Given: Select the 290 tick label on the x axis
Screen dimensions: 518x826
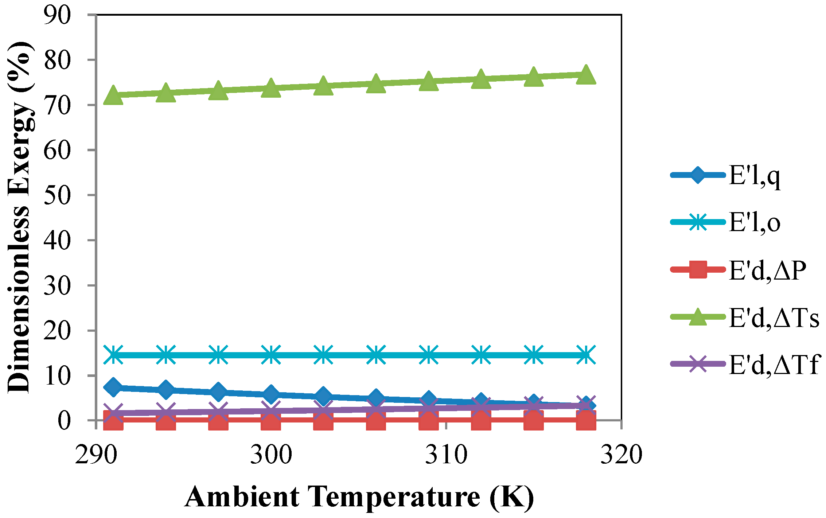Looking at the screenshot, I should [x=96, y=455].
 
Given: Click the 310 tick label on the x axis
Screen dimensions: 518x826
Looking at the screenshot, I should [x=446, y=455].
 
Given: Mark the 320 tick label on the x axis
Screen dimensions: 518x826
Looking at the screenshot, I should [x=621, y=455].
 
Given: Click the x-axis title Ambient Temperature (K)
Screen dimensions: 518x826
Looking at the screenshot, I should [x=359, y=497].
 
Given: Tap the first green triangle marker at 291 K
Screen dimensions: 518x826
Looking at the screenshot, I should [x=113, y=96].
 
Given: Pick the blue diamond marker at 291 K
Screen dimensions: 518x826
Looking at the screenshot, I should [x=113, y=387].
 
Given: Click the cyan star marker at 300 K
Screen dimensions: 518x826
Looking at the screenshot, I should [x=271, y=355].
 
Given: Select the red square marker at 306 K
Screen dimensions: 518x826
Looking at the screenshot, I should [x=376, y=420].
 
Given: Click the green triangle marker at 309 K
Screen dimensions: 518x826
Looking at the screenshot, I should [x=428, y=81].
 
